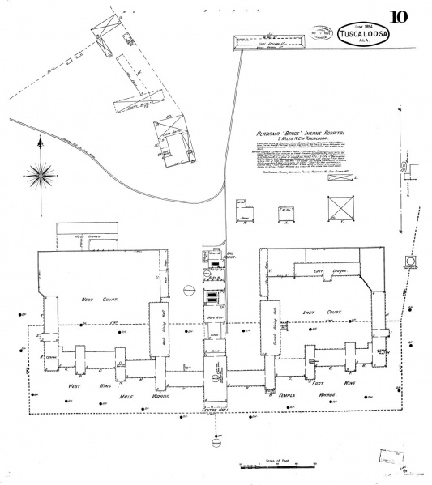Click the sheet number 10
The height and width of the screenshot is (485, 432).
point(400,17)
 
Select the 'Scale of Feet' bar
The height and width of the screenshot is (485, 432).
point(276,466)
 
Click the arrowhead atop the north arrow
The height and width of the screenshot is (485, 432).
point(40,143)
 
